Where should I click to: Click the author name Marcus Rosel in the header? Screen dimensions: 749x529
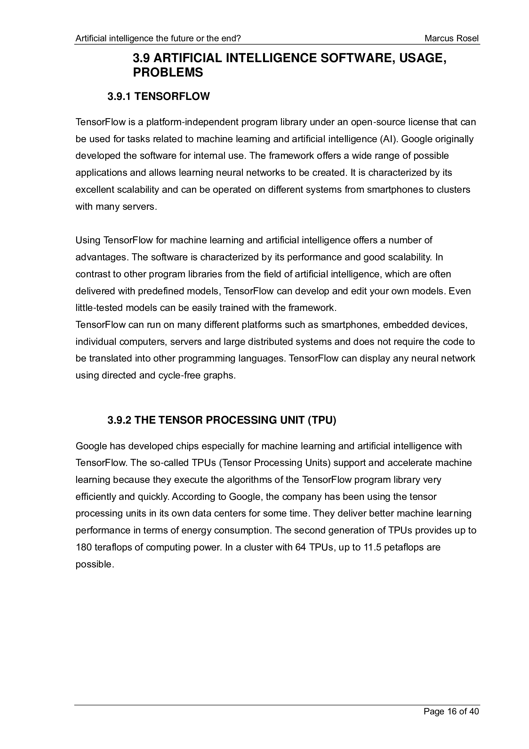tap(452, 38)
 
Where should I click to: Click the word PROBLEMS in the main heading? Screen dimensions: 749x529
tap(168, 72)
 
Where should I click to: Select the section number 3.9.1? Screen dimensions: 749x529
tap(119, 97)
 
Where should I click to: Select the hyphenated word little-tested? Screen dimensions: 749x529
tap(100, 308)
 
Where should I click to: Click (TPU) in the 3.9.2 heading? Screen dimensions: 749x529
tap(322, 420)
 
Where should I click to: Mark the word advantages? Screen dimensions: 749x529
tap(100, 257)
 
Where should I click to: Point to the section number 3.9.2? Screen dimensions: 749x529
tap(119, 420)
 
